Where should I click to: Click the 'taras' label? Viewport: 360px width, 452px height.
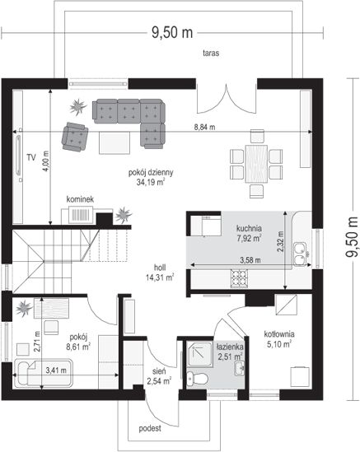(211, 53)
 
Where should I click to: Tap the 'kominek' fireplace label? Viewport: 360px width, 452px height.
(80, 199)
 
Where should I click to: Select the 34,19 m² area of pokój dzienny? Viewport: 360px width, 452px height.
(151, 182)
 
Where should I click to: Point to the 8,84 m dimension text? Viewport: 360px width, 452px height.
(204, 127)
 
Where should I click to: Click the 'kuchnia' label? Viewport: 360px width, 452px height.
(249, 228)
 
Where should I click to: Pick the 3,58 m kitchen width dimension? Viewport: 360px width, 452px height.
(250, 260)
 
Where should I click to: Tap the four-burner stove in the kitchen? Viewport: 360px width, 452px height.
(239, 278)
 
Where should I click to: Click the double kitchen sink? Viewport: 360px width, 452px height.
(301, 254)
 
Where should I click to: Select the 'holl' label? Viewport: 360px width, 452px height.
(160, 268)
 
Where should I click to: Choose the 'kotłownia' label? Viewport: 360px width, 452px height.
(279, 334)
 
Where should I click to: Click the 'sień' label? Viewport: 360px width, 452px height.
(159, 371)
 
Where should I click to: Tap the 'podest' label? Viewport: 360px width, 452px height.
(150, 428)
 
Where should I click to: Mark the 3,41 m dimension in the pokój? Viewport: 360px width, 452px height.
(56, 370)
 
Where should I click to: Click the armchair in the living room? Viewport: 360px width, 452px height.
(75, 137)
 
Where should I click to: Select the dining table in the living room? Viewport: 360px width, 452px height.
(256, 164)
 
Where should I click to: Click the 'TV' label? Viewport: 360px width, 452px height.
(31, 157)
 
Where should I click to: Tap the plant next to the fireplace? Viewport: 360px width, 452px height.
(124, 215)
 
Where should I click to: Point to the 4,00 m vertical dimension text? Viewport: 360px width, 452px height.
(45, 161)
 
